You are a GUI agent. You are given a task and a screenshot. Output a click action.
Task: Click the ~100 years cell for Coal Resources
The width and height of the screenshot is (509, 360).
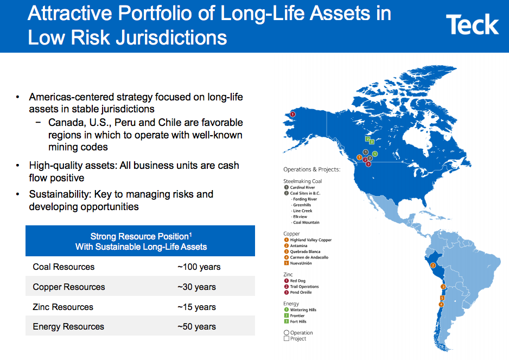click(199, 267)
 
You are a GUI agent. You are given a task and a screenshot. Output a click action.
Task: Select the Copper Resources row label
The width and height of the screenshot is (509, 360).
click(69, 287)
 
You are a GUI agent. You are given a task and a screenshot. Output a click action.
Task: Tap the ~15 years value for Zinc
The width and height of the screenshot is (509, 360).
click(196, 307)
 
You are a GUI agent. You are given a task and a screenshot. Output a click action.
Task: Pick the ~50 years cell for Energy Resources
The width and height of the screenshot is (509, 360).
click(196, 326)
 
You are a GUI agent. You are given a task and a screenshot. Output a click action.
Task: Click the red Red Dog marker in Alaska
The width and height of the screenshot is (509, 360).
click(293, 115)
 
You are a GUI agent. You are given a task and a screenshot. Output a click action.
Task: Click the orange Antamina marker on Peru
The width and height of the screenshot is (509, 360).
click(432, 266)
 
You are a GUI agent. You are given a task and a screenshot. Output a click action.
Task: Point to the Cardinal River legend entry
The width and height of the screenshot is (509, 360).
click(303, 187)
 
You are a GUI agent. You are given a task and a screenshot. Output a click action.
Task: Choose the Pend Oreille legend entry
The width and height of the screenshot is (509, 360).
click(301, 292)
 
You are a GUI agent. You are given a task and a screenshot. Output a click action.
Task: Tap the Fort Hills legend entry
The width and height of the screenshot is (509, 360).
click(298, 321)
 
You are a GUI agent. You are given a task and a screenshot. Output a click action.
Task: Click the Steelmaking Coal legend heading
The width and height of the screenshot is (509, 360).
click(302, 181)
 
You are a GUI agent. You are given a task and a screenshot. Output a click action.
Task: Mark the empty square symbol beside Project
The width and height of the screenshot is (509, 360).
click(286, 339)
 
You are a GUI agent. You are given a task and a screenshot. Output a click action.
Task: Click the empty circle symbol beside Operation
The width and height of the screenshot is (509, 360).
click(286, 333)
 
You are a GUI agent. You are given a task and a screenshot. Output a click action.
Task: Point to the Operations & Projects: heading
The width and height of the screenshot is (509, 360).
click(311, 169)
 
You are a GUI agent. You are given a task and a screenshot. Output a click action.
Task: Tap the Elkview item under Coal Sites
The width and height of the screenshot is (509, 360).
click(300, 217)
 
